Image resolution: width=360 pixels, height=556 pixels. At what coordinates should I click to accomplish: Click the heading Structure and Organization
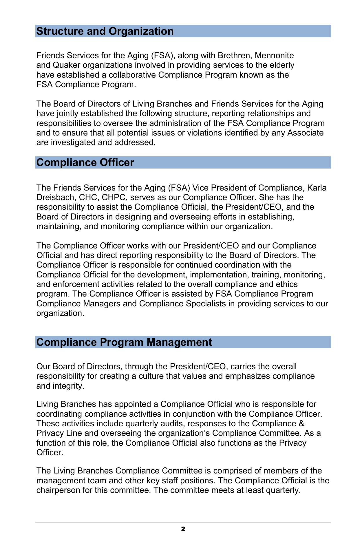[105, 31]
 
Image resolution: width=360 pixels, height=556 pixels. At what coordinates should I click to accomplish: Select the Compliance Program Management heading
[124, 342]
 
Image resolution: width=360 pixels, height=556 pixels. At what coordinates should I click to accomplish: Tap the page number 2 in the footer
[183, 529]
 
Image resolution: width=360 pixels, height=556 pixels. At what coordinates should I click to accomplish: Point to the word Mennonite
[274, 55]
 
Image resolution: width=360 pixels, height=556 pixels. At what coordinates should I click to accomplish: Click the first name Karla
[317, 188]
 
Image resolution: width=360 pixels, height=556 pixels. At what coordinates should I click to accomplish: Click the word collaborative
[132, 75]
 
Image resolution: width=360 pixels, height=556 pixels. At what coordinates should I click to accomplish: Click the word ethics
[286, 284]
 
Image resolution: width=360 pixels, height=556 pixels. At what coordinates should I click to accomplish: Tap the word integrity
[68, 386]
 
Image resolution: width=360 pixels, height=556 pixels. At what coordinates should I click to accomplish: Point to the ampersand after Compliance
[301, 423]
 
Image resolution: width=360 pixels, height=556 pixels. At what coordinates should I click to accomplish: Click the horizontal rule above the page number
[183, 522]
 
